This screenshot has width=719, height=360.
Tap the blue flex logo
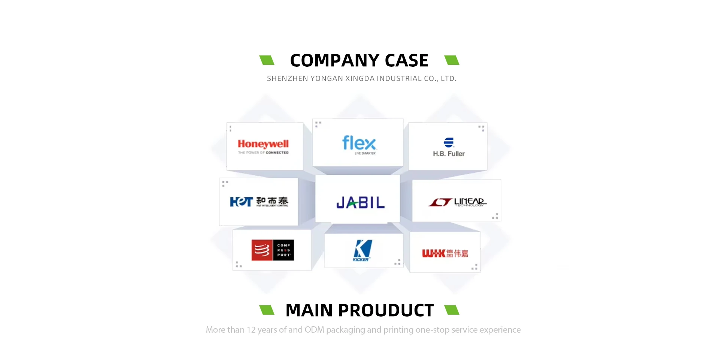[359, 144]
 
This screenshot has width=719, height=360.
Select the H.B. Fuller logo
[449, 148]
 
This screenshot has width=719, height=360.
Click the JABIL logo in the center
[360, 203]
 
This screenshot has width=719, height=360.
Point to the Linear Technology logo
[458, 202]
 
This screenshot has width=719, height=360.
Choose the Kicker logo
[362, 250]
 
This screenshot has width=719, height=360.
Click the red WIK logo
[445, 253]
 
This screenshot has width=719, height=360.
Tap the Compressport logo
[273, 250]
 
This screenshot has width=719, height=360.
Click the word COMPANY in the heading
[335, 61]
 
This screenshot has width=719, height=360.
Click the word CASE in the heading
[406, 61]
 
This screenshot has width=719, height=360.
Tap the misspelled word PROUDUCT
[386, 311]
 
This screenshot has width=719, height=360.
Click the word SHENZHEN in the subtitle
[286, 79]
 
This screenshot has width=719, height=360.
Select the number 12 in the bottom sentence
[251, 330]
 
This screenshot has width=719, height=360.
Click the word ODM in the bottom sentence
[314, 330]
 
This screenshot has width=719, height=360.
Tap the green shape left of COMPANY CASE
[267, 60]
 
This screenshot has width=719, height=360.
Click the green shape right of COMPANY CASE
[452, 60]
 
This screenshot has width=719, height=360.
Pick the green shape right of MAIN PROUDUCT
[452, 310]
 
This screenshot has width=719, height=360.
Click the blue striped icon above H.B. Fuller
[449, 142]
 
